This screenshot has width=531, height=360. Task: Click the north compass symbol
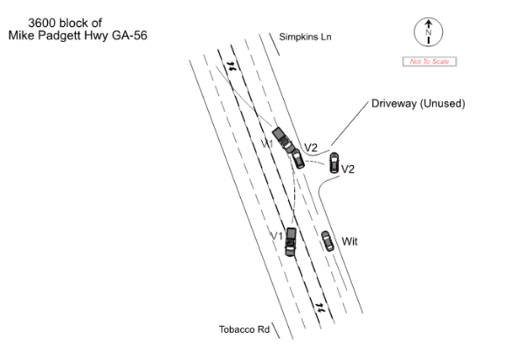click(428, 33)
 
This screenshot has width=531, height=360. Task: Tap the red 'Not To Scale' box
click(428, 61)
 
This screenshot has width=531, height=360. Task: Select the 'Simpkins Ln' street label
click(306, 37)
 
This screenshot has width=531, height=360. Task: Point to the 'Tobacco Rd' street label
click(244, 329)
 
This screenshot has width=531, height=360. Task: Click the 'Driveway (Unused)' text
click(418, 103)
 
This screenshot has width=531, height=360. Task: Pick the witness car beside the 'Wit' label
click(327, 240)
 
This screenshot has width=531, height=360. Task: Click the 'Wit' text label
click(350, 241)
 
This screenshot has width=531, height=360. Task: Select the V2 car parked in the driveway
click(334, 162)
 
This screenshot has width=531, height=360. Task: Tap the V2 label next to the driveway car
click(348, 170)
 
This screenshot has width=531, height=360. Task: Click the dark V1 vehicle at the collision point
click(282, 137)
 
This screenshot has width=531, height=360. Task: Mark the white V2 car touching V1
click(298, 157)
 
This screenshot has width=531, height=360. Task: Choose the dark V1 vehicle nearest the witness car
click(290, 239)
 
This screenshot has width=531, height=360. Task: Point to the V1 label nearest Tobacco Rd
click(276, 237)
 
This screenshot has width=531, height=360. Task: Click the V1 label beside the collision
click(267, 142)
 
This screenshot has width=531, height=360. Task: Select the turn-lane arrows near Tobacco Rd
click(320, 307)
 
